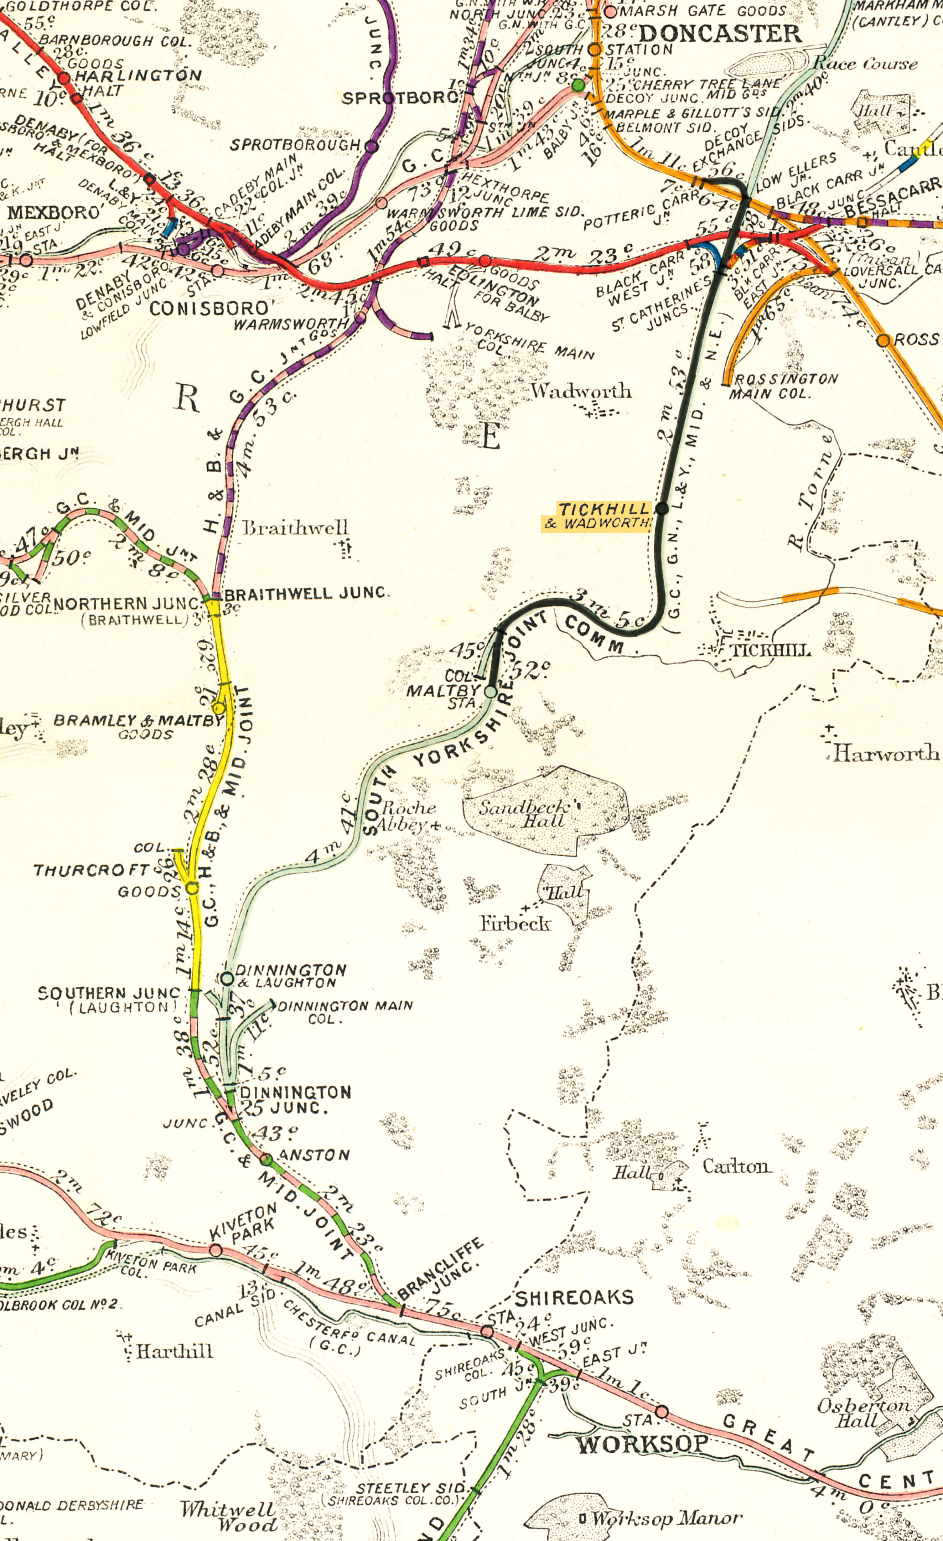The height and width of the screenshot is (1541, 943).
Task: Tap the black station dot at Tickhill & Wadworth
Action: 662,508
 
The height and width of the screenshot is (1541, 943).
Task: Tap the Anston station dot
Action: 266,1159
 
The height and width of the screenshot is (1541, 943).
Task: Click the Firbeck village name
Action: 515,923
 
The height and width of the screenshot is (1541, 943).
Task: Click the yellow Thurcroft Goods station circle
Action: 192,887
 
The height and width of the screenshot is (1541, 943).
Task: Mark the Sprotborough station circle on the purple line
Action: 372,146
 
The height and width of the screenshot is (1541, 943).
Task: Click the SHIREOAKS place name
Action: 574,1298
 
